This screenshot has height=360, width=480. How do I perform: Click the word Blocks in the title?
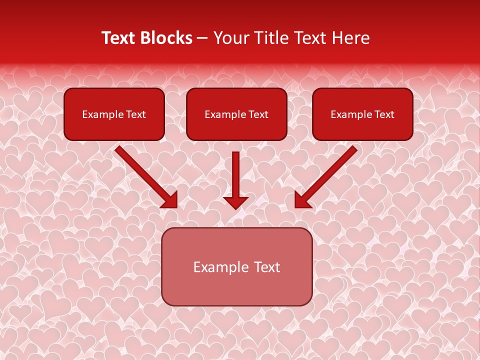165,38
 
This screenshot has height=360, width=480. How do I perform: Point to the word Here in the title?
351,38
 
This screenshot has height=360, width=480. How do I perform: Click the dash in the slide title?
203,38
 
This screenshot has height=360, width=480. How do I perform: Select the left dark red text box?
114,114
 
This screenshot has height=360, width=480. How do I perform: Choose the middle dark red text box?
236,114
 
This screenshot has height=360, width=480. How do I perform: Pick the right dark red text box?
362,114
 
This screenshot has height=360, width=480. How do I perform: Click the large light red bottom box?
236,266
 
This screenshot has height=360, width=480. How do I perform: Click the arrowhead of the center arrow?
235,202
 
